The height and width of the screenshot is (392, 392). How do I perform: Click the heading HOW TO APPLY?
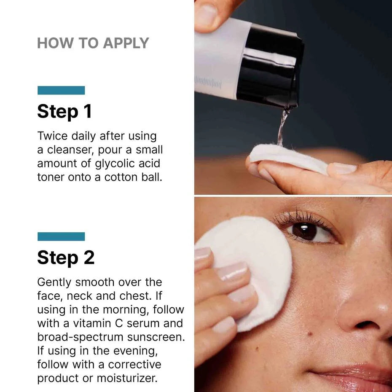93,43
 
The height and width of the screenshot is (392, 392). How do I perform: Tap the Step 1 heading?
64,112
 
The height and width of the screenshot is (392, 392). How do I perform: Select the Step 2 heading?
66,258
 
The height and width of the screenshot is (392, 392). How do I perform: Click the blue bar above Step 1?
61,90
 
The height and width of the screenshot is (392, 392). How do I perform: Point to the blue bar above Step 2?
61,236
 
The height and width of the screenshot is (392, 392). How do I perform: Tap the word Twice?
53,136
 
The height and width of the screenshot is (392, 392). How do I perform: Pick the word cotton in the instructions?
122,177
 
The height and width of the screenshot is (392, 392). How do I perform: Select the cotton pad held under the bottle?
287,158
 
